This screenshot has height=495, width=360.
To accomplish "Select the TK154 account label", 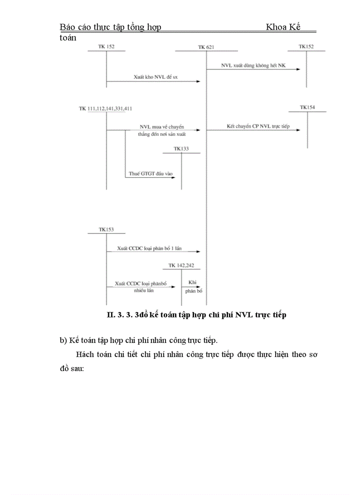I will tap(307, 107).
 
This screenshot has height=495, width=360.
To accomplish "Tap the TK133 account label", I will tap(181, 149).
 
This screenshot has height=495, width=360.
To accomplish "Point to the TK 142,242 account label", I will tap(181, 265).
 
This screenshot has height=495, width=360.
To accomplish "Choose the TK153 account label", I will tap(106, 229).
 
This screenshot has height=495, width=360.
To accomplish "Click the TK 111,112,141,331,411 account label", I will tap(106, 108).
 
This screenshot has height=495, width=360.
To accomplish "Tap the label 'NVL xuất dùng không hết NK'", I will tap(253, 65).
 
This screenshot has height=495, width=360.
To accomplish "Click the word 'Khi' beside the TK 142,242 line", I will tap(192, 282).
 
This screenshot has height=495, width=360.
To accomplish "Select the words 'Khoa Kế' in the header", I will tap(283, 27).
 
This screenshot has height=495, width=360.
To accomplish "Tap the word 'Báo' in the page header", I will tap(67, 27).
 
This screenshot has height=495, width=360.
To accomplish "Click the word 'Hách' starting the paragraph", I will tap(85, 354).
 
